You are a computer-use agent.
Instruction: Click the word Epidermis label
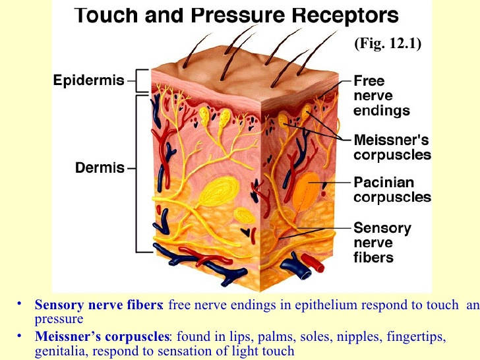pyautogui.click(x=89, y=80)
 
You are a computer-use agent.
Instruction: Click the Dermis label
pyautogui.click(x=100, y=167)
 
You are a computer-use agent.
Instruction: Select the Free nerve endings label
pyautogui.click(x=381, y=96)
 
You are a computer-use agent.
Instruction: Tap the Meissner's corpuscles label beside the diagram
pyautogui.click(x=392, y=147)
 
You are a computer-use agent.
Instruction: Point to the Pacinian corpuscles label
pyautogui.click(x=392, y=189)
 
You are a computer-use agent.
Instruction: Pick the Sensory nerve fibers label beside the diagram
pyautogui.click(x=382, y=243)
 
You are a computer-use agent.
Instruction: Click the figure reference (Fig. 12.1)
pyautogui.click(x=388, y=43)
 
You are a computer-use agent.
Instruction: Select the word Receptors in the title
pyautogui.click(x=345, y=16)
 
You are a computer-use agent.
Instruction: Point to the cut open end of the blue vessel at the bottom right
pyautogui.click(x=305, y=274)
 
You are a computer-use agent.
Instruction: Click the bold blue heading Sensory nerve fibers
pyautogui.click(x=98, y=305)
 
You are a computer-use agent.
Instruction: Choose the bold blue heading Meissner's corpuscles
pyautogui.click(x=102, y=336)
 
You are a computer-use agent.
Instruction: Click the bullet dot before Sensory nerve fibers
pyautogui.click(x=20, y=304)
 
